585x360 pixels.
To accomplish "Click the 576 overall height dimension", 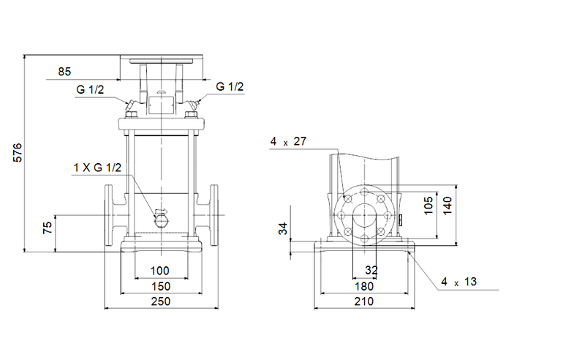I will (x=19, y=152).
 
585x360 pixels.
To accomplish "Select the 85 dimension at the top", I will (x=64, y=72).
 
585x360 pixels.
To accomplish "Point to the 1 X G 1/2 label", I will (x=97, y=168).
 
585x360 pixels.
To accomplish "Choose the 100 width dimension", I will (x=159, y=271).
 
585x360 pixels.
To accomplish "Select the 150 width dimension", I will (x=159, y=286).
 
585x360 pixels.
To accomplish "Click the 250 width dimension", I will (x=159, y=301).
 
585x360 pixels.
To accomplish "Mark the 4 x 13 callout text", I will (x=459, y=281).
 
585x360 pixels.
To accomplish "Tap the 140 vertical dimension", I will (x=449, y=207).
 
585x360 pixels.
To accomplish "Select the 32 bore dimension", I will (x=371, y=271).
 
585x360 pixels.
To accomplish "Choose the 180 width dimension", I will (x=363, y=286).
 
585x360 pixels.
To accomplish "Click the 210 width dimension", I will (x=363, y=301).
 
